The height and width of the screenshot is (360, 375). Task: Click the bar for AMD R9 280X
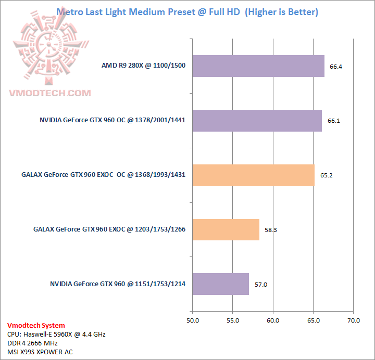click(258, 66)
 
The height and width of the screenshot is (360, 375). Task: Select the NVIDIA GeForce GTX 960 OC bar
click(257, 120)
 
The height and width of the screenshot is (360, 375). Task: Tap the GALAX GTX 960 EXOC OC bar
click(254, 175)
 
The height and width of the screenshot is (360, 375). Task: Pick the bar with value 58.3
click(226, 229)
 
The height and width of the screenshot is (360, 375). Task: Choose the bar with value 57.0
click(221, 284)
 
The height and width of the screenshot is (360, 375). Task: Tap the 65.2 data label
click(327, 175)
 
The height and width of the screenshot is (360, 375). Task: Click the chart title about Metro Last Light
click(187, 12)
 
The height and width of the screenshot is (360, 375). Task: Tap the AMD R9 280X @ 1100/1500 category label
click(144, 66)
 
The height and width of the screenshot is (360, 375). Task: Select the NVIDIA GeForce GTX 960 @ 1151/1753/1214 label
click(118, 284)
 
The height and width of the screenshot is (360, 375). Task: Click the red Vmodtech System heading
click(36, 325)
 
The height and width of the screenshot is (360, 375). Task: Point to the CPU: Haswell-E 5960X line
click(56, 334)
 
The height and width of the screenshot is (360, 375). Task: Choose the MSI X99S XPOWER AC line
click(40, 352)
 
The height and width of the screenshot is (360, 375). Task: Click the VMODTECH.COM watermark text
click(50, 93)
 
